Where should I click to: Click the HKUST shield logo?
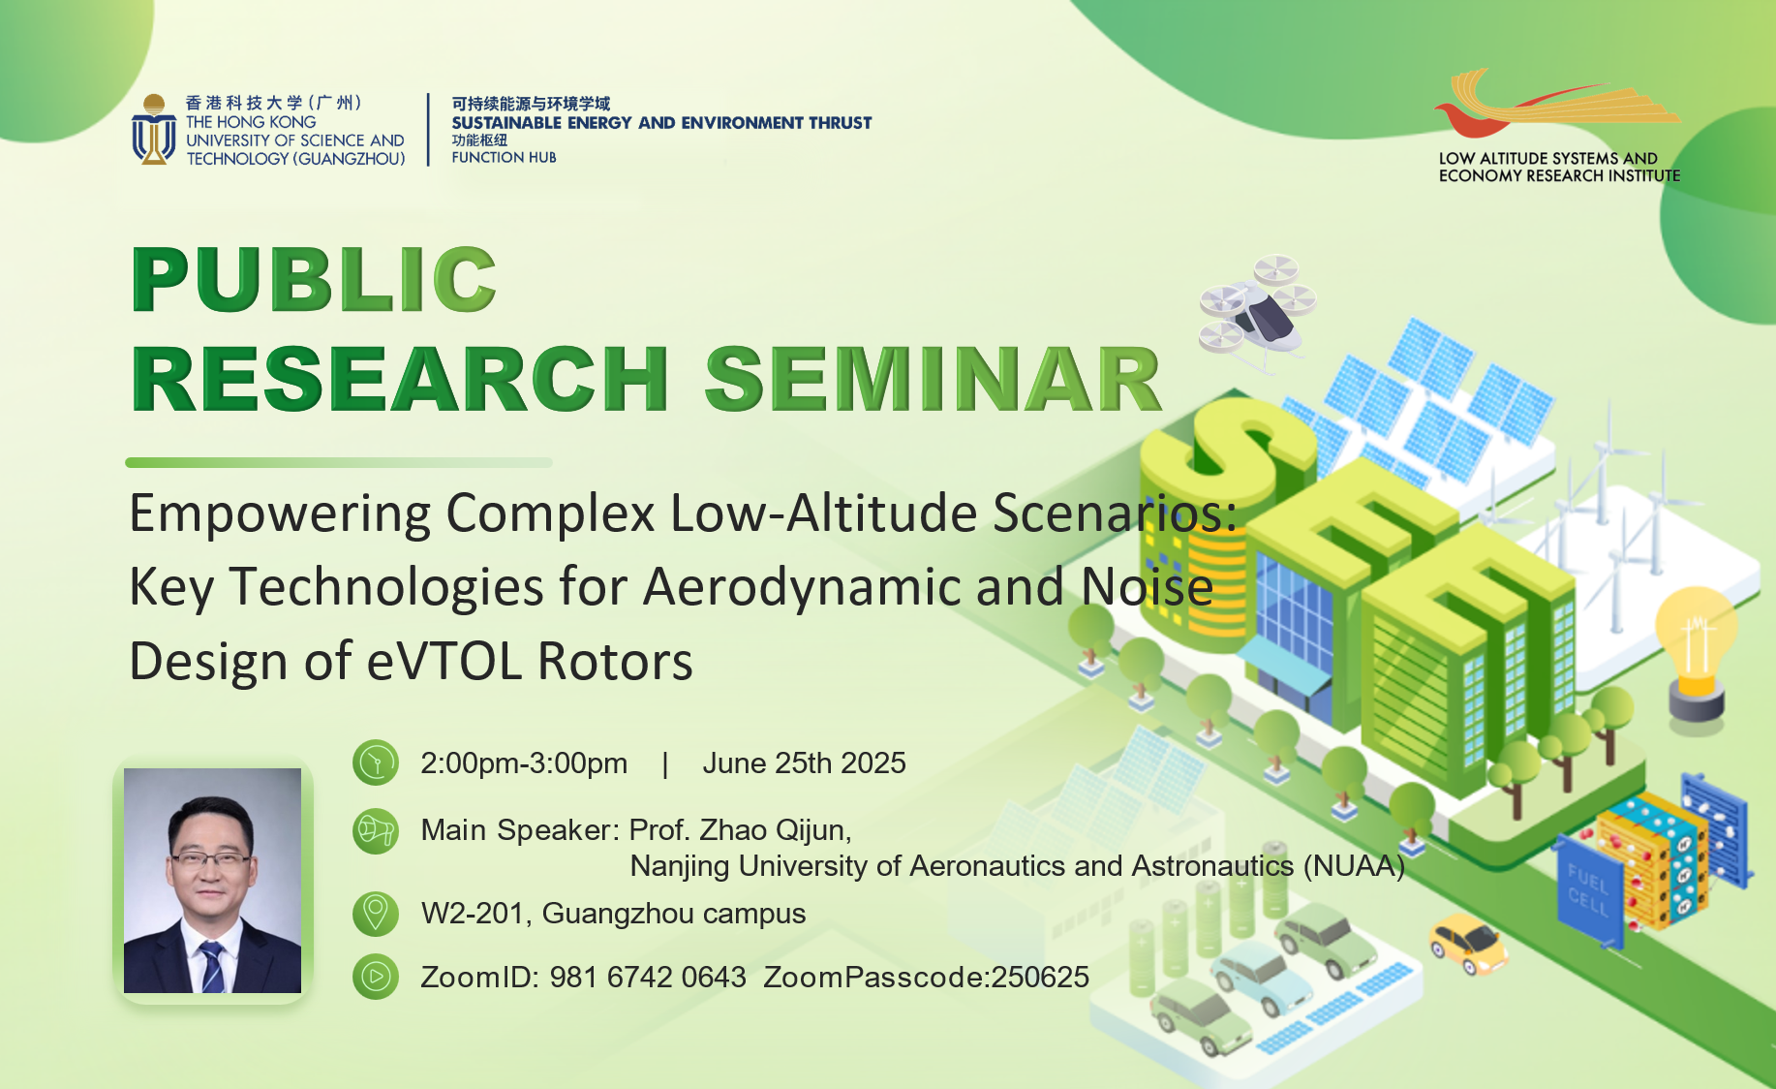click(153, 129)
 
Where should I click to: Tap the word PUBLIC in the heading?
click(315, 279)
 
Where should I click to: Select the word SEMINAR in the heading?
click(933, 379)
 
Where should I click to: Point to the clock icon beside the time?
click(376, 763)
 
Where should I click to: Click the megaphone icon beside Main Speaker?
click(376, 831)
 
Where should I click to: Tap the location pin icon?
click(376, 914)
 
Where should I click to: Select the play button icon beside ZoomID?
click(376, 977)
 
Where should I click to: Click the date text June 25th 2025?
click(804, 763)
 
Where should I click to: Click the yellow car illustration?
click(1468, 943)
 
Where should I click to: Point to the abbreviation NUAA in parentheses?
click(1354, 866)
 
